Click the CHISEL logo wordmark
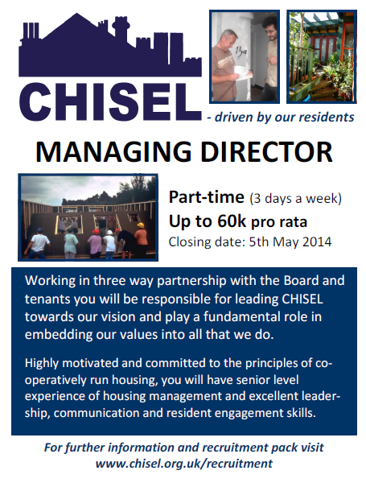110,102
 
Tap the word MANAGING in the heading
113,152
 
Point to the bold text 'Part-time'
207,197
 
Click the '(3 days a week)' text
295,199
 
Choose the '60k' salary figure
232,221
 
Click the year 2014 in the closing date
317,242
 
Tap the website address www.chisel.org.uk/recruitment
183,464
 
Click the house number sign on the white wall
241,52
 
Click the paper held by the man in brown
243,73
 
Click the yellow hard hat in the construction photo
141,225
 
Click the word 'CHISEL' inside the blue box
302,299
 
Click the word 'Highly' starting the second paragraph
42,364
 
